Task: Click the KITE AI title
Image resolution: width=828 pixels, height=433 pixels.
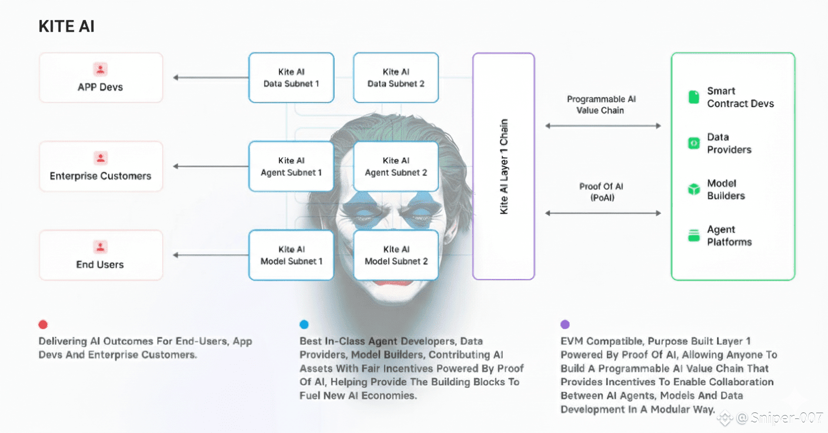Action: pos(66,26)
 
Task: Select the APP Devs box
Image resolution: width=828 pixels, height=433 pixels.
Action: pos(101,78)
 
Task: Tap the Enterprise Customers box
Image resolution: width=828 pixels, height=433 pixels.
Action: pos(101,166)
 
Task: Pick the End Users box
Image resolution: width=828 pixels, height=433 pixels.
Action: pos(101,255)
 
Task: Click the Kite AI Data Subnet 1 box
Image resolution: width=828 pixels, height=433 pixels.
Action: pos(291,78)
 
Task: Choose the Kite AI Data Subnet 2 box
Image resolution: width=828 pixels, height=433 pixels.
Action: pos(396,78)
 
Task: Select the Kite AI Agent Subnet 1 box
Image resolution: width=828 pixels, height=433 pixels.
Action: pos(291,166)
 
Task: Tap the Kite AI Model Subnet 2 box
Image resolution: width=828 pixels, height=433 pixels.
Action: pos(396,255)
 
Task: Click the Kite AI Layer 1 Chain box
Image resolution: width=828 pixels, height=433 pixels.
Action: pos(503,166)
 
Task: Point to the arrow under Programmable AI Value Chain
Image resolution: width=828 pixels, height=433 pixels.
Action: pos(603,126)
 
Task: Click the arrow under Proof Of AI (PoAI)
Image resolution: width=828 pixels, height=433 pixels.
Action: pos(603,213)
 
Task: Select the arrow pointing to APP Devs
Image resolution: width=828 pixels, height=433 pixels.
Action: pos(211,78)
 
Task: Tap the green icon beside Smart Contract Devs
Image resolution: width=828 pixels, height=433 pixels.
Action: pos(694,97)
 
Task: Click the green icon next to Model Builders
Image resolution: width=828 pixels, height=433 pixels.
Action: pos(694,189)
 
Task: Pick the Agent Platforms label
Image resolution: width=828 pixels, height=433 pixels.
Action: pos(729,236)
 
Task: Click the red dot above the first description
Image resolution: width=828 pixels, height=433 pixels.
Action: pos(43,324)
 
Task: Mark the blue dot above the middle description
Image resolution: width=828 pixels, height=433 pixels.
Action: pos(304,324)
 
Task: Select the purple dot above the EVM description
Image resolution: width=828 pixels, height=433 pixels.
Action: pos(565,324)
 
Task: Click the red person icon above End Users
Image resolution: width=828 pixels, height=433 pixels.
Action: pos(101,247)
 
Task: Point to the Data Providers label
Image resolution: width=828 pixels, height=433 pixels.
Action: pos(729,144)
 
